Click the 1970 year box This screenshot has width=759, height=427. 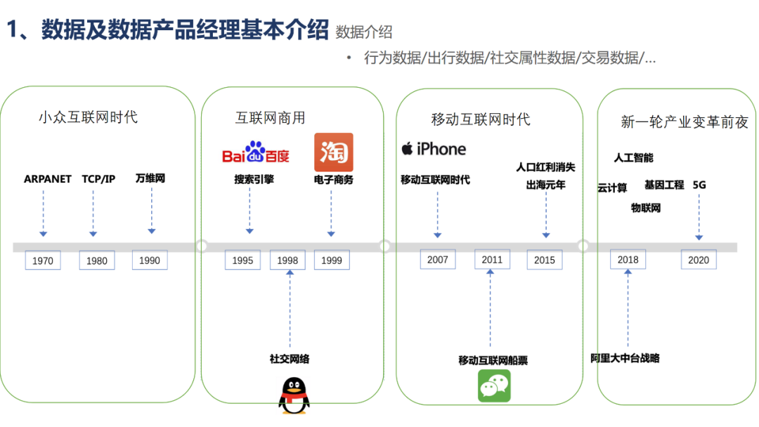coord(42,261)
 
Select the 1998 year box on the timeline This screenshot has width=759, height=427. coord(287,260)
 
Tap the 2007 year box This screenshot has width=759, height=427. coord(437,259)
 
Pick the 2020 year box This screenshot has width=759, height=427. coord(699,259)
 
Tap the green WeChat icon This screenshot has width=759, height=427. coord(494,386)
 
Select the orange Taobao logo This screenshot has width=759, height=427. coord(333,152)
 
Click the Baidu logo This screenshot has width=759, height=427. coord(256,152)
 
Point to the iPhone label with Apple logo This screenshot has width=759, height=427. coord(434,149)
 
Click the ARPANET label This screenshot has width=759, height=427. coord(48,179)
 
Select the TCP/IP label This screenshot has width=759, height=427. coord(98,179)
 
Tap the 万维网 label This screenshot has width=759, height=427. coord(150,178)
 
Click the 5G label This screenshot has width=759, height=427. coord(699,185)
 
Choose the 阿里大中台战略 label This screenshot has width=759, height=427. coord(625,357)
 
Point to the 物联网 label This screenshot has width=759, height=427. coord(645,208)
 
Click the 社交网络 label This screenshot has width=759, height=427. coord(290,359)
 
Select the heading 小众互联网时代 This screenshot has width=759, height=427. coord(88,117)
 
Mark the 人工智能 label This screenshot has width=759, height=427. coord(633,157)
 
